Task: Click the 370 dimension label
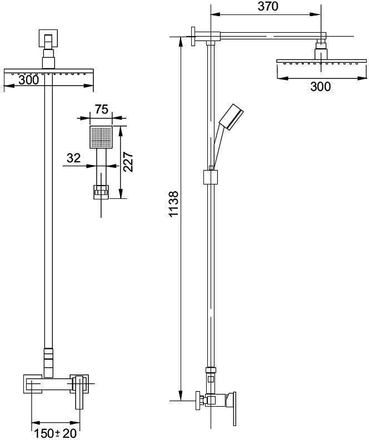coord(268,6)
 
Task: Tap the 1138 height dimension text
coord(174,204)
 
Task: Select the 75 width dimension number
coord(101,109)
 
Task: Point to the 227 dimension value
coord(128,162)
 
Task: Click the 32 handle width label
coord(73,158)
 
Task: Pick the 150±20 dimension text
coord(55,433)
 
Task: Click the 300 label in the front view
coord(29,80)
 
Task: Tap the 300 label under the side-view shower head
coord(321,87)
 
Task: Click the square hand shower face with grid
coord(101,137)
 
